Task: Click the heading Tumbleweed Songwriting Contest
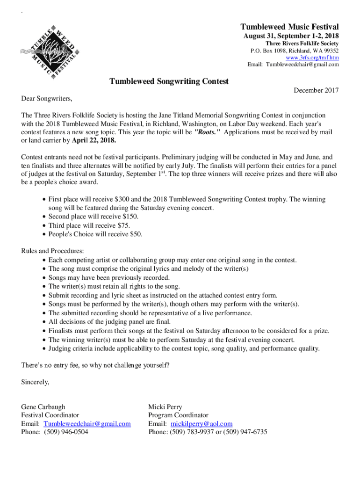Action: (x=169, y=81)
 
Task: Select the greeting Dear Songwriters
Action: (x=47, y=99)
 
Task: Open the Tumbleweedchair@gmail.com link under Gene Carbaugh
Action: (x=87, y=424)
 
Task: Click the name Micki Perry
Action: (x=165, y=407)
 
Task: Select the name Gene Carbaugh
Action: (x=43, y=407)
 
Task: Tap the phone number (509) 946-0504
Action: (x=66, y=432)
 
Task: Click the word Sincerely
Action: (x=35, y=382)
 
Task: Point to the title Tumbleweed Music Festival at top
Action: (x=289, y=27)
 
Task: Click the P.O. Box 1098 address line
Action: (x=295, y=51)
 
